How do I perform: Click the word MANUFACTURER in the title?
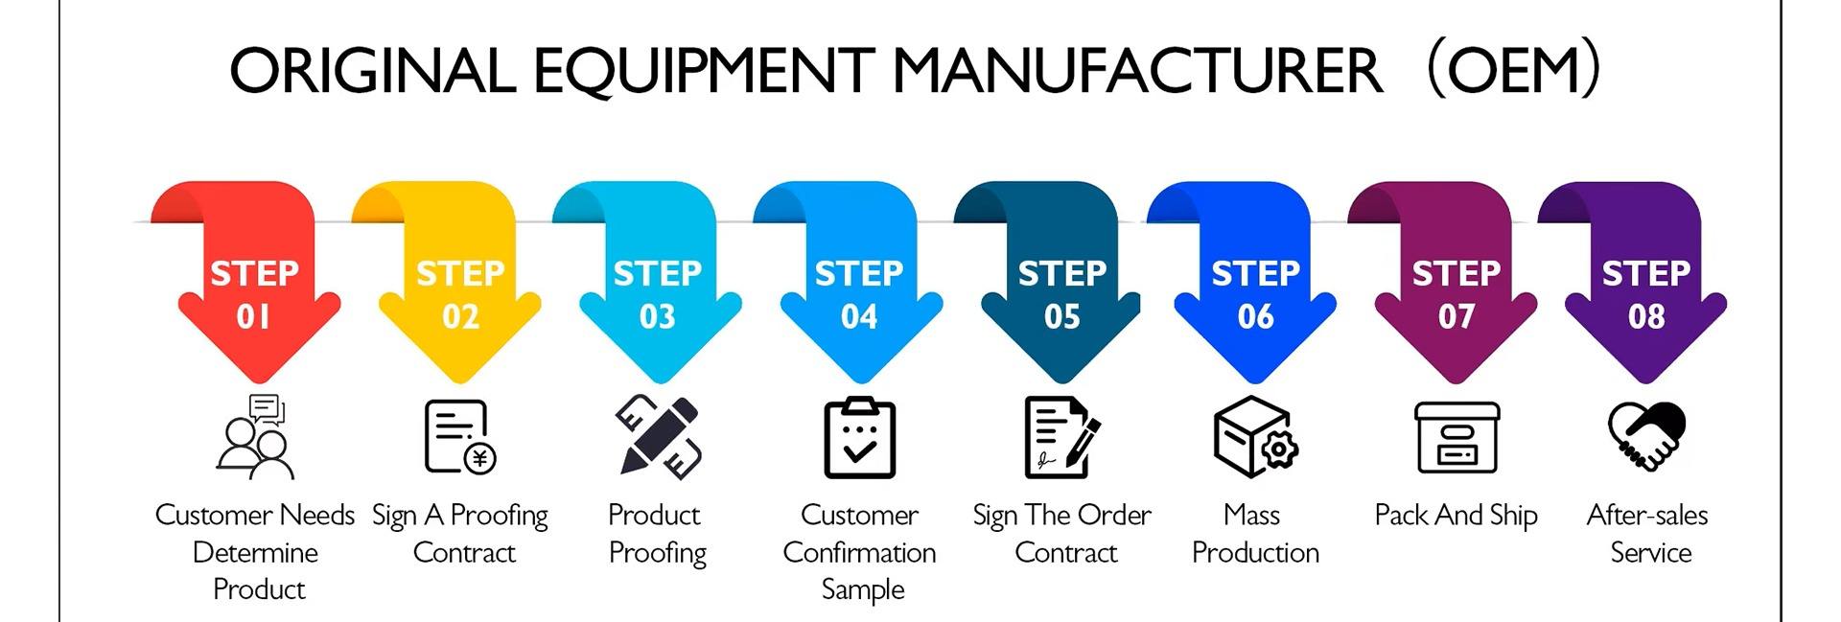click(x=1138, y=72)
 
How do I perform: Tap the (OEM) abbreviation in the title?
click(x=1513, y=70)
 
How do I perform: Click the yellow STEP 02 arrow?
click(x=459, y=288)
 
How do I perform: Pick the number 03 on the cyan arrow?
click(x=658, y=317)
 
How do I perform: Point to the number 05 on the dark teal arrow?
click(x=1061, y=317)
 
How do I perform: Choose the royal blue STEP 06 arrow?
click(x=1255, y=288)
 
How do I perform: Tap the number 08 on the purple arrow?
click(x=1646, y=317)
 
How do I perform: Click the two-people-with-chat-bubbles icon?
click(x=255, y=437)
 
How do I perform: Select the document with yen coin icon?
click(x=459, y=437)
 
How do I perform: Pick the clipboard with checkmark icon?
click(x=859, y=438)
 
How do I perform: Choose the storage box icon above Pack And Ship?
click(x=1456, y=437)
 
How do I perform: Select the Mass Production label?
click(x=1255, y=534)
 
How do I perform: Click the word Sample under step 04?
click(x=862, y=589)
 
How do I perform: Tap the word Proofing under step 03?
click(x=658, y=553)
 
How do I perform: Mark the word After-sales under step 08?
click(x=1646, y=516)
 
